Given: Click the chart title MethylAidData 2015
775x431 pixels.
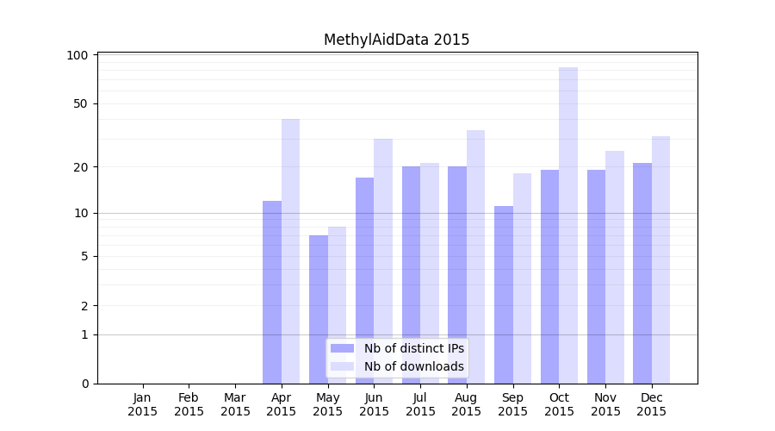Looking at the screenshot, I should pos(396,40).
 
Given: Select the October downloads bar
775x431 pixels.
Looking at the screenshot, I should pos(568,224).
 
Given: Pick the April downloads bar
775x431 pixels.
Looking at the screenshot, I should pos(291,250).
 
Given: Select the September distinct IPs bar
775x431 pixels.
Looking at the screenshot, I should pos(504,294).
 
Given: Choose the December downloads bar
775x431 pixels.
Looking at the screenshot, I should pos(661,259).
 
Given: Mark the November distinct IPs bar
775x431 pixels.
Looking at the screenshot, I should pos(596,276).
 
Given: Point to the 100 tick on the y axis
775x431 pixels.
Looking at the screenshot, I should pos(77,55).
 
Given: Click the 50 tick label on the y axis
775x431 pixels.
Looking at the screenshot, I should pos(81,103).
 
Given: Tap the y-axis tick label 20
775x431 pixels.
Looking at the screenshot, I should pos(81,166).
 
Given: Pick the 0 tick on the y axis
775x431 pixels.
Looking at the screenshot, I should pos(84,384).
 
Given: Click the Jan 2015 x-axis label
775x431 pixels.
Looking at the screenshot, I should pos(143,404).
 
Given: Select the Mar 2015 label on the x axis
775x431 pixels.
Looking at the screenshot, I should pos(235,404).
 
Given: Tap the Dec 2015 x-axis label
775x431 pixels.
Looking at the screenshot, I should pos(652,404).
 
